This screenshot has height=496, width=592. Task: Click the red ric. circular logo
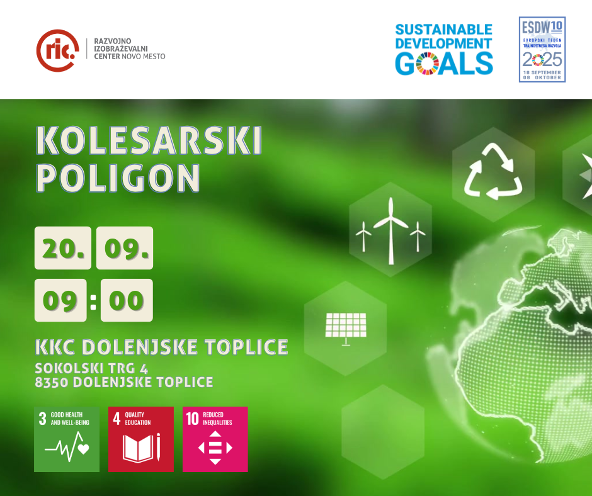pos(58,50)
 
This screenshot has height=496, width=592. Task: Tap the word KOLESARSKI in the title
pos(149,140)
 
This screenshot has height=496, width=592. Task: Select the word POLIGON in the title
pos(117,178)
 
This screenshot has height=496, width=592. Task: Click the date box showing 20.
pos(63,248)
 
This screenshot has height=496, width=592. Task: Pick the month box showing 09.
pos(125,248)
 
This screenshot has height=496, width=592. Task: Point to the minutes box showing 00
pos(127,300)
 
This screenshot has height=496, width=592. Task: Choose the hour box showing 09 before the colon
pos(60,300)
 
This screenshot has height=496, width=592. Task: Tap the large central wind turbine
pos(390,230)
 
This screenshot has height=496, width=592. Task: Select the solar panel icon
pos(346,329)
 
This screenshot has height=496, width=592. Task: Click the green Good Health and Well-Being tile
pos(67,439)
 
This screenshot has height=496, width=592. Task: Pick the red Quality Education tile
pos(141,439)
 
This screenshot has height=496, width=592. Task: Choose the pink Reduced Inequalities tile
pos(215,439)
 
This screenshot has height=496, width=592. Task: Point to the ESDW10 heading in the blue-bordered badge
pos(542,27)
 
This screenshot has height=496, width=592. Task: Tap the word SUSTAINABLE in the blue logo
pos(443,30)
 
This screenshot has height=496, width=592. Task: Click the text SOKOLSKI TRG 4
pos(91,368)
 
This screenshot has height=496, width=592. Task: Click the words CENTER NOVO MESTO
pos(130,57)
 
